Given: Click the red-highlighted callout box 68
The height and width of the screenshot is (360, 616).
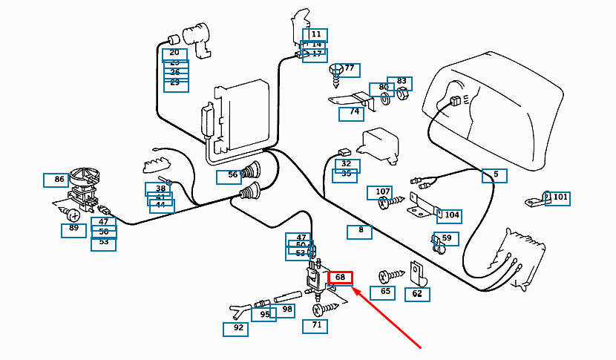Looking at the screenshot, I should click(x=341, y=278).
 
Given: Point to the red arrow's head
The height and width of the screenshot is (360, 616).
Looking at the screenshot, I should click(x=353, y=290).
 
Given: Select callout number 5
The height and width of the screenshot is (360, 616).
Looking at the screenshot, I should click(x=495, y=176).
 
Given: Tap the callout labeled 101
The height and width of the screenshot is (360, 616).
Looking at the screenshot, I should click(x=558, y=198).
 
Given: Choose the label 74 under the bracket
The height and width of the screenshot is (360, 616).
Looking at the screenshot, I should click(x=352, y=114).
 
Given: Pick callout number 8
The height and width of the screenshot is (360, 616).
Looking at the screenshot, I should click(x=360, y=232).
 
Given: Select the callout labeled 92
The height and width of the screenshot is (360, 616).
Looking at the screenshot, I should click(x=235, y=329).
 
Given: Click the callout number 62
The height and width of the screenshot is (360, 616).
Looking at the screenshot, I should click(x=416, y=294).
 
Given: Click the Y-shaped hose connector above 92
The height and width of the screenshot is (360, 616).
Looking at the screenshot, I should click(x=237, y=310).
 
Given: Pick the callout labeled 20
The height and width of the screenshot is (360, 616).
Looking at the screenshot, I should click(x=175, y=53).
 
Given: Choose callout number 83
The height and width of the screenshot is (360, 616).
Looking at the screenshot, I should click(x=401, y=82).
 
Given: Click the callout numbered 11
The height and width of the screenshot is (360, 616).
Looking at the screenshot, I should click(x=315, y=35).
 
